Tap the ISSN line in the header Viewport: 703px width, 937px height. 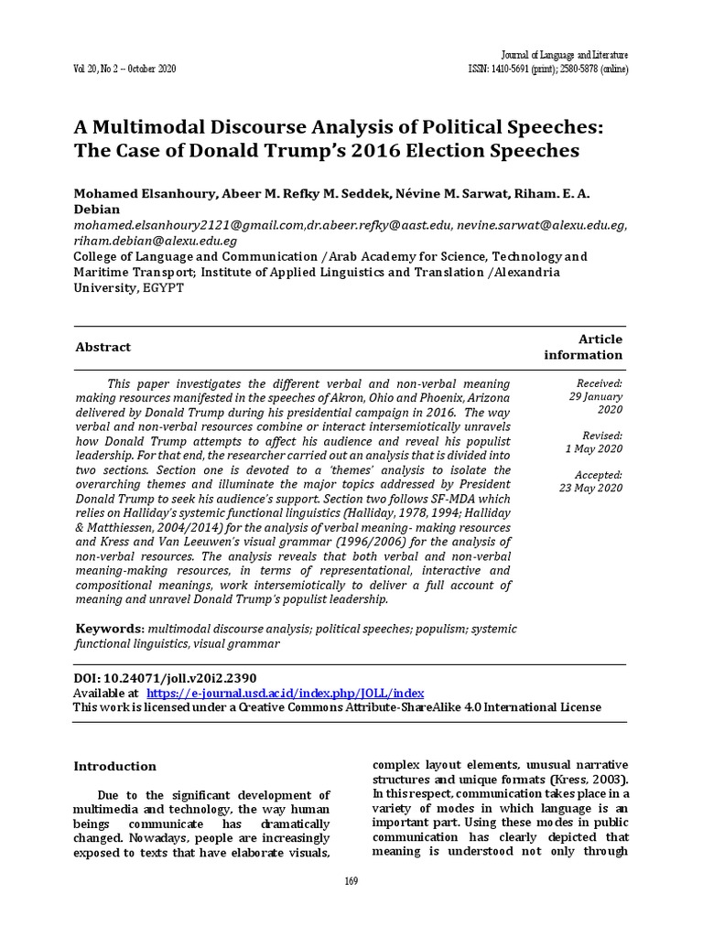coord(547,70)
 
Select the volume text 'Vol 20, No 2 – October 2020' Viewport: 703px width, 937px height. coord(124,70)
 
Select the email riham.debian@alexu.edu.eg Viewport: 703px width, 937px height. coord(155,241)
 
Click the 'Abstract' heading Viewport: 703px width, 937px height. coord(102,347)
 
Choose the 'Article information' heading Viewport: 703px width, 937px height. coord(583,347)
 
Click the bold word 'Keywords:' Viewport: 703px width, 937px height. coord(108,629)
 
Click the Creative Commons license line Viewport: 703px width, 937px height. coord(337,707)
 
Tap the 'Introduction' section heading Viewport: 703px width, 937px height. coord(114,766)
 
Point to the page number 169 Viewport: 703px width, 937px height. coord(351,881)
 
